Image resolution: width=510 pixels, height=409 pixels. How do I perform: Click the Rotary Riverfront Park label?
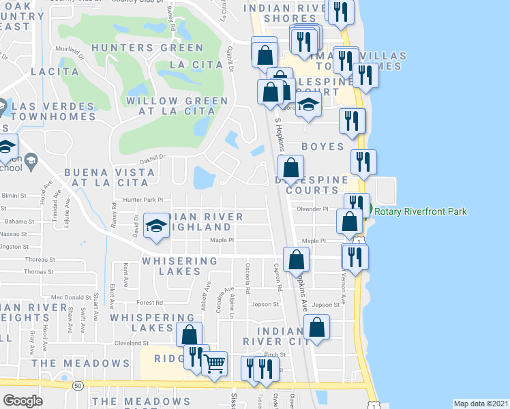tap(421, 211)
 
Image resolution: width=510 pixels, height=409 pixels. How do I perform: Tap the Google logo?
tap(22, 401)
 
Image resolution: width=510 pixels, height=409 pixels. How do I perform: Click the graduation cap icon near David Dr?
tap(156, 226)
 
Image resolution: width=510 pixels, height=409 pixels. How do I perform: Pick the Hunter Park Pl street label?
tap(143, 200)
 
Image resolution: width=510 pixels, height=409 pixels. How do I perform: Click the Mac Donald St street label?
tap(71, 297)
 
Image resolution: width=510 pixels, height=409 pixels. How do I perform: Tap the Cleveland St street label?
tap(131, 343)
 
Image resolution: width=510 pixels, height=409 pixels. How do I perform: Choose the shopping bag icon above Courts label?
tap(290, 168)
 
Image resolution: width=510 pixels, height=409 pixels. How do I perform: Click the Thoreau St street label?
tap(40, 259)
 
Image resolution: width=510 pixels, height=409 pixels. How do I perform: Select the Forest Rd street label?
tap(150, 302)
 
